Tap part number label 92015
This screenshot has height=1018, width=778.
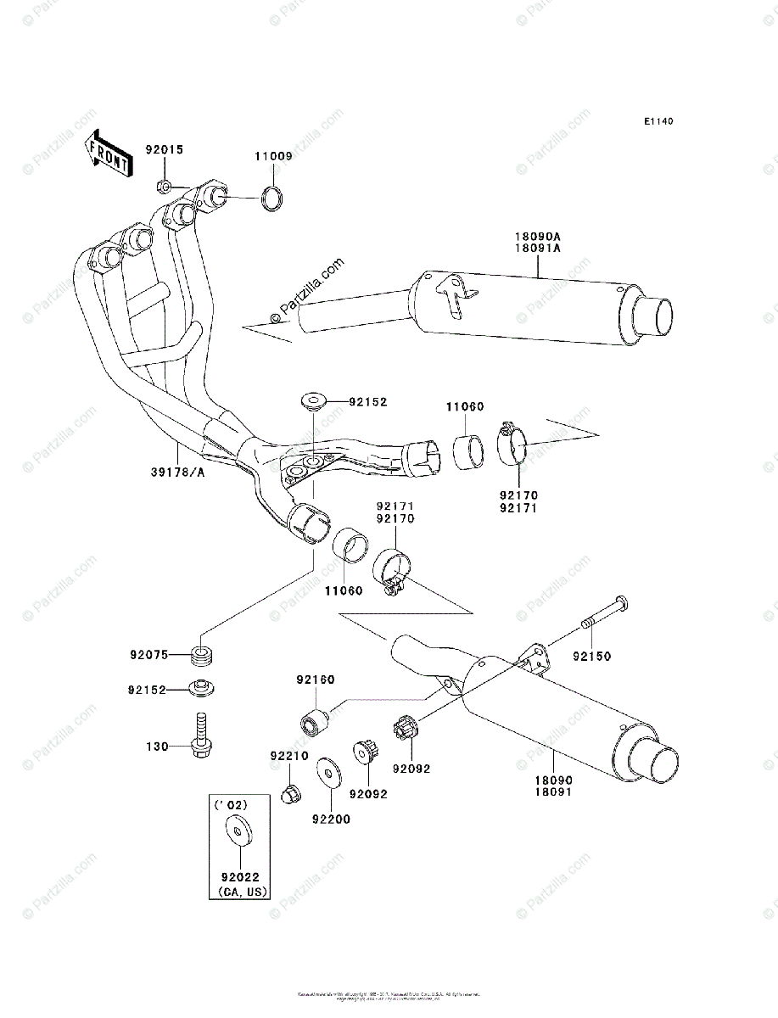coord(163,149)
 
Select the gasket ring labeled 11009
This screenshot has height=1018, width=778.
coord(272,199)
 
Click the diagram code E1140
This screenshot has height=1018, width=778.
coord(658,122)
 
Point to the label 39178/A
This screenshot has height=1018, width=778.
coord(178,472)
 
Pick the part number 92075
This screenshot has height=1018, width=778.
coord(148,655)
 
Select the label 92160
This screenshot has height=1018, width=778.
coord(315,680)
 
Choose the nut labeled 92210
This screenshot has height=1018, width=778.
coord(288,793)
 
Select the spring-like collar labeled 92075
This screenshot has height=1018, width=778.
coord(203,656)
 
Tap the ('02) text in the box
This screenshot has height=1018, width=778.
coord(226,803)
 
